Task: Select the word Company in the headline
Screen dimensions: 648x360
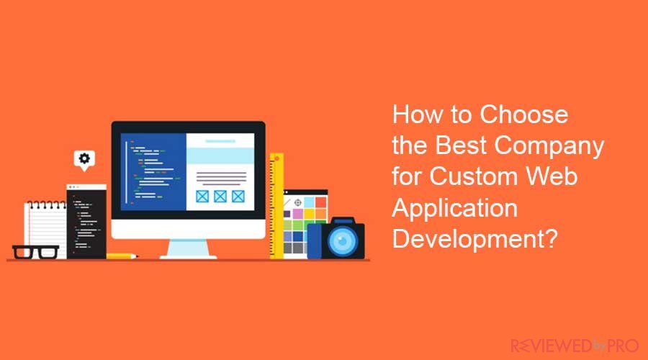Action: coord(549,147)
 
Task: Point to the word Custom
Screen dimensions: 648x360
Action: coord(474,176)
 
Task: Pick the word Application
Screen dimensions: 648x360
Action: coord(454,209)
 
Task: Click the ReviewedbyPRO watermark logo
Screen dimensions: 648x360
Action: coord(575,346)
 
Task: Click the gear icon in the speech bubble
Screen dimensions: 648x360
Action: coord(84,158)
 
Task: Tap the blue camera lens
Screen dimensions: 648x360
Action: coord(342,240)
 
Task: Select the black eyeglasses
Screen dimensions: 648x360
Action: coord(35,252)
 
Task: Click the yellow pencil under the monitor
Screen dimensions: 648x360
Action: coord(122,256)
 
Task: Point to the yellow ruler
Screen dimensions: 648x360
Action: coord(276,206)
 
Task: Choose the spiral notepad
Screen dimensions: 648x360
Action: coord(45,229)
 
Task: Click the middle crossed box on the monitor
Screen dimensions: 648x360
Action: coord(220,196)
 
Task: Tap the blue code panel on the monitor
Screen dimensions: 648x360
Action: coord(153,172)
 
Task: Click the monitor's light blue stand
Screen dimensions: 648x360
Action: coord(189,249)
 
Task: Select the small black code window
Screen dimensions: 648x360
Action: coord(86,222)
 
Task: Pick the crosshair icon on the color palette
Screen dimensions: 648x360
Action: coord(297,202)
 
